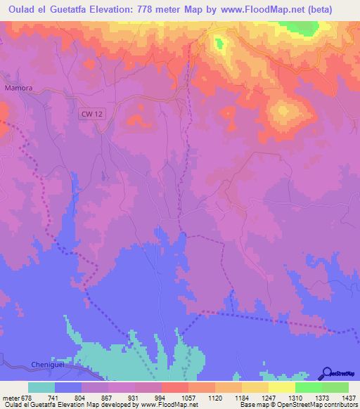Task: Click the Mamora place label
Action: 19,89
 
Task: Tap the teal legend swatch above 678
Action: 41,387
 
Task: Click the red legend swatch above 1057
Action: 175,387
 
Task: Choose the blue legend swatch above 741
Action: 68,387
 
